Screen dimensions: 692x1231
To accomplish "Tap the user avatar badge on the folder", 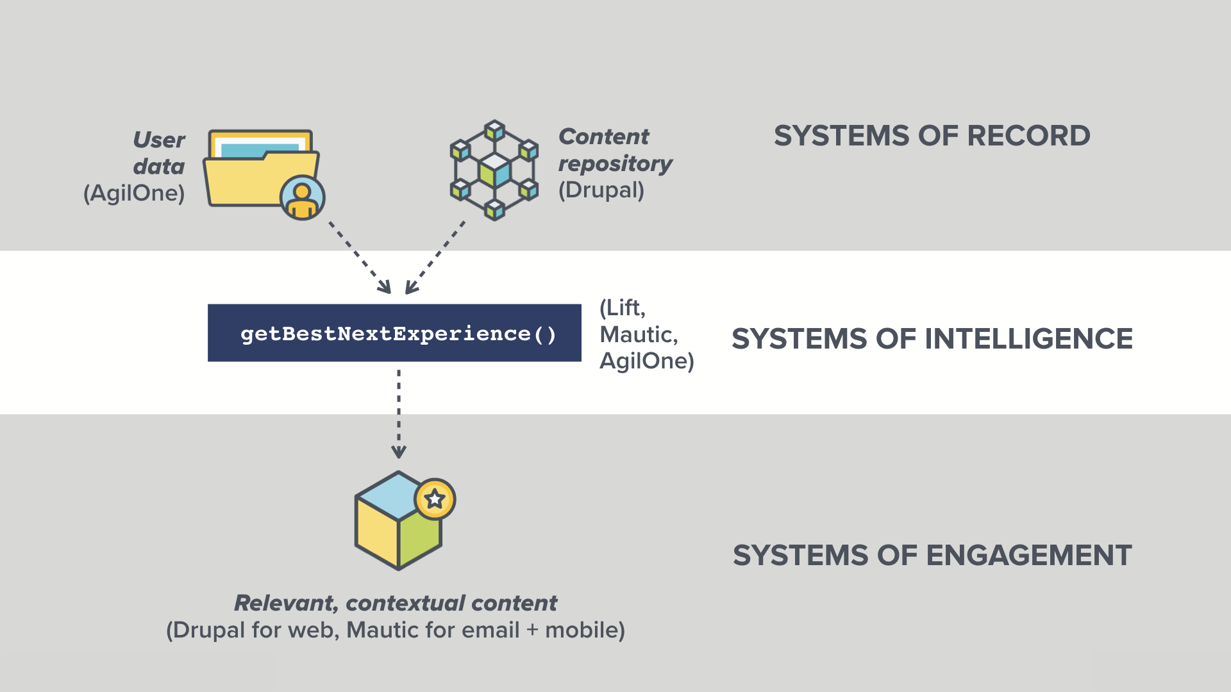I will tap(303, 198).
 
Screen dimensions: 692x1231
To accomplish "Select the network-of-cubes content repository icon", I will tap(494, 170).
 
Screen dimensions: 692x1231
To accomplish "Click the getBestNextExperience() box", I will tap(394, 333).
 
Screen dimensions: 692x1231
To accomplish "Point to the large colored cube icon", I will tap(398, 522).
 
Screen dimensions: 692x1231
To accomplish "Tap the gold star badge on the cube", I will tap(435, 498).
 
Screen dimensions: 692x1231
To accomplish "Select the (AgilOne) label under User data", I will tap(134, 193).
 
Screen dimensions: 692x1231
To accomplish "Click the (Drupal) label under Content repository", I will tap(601, 190).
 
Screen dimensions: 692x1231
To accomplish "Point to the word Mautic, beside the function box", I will tap(639, 334).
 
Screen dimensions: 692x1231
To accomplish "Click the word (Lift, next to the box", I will tap(623, 308).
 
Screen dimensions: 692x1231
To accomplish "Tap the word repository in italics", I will tap(615, 164).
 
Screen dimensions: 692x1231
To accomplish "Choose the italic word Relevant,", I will tap(286, 603).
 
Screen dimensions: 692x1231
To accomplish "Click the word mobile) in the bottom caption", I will tap(584, 630).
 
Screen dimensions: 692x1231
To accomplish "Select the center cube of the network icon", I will tap(494, 170).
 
